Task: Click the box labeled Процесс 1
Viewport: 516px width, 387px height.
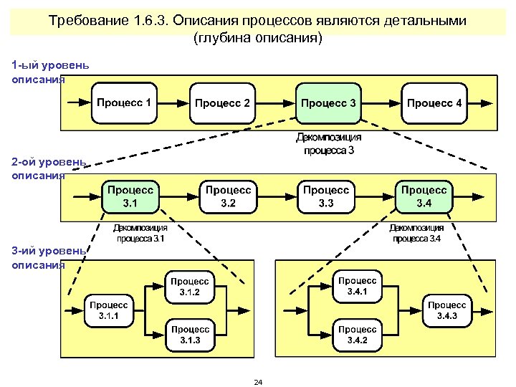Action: coord(124,102)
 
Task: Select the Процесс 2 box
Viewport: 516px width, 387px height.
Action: coord(222,103)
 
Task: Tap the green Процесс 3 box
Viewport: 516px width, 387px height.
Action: coord(328,103)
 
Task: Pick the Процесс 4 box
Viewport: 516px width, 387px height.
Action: coord(434,103)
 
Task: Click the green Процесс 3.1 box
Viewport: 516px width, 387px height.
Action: coord(130,196)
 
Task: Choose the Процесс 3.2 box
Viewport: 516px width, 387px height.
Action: coord(229,196)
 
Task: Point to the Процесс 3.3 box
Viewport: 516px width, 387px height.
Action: coord(326,196)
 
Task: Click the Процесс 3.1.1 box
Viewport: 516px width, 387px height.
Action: coord(108,310)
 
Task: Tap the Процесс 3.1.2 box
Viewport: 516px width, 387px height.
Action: coord(190,287)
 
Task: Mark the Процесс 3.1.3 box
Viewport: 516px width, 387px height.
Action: coord(190,334)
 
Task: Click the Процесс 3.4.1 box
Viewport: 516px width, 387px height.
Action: coord(357,287)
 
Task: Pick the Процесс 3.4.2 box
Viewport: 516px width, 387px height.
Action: coord(357,334)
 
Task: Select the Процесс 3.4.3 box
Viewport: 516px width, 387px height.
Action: coord(447,310)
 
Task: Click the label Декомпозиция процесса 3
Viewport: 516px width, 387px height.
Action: coord(329,143)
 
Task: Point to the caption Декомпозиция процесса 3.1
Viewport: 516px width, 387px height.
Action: coord(140,233)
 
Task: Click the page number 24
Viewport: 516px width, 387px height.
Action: coord(258,382)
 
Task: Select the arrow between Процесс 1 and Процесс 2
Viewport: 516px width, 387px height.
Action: coord(173,103)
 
